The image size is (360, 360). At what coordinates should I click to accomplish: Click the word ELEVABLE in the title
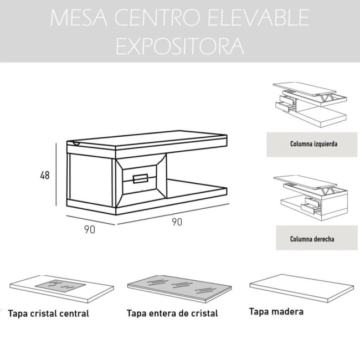(x=259, y=18)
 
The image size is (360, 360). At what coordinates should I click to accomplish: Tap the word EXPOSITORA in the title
(x=180, y=46)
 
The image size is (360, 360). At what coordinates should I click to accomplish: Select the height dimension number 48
(x=45, y=176)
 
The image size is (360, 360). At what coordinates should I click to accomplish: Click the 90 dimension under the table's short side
(x=90, y=229)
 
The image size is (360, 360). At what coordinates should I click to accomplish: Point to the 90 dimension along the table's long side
(x=177, y=222)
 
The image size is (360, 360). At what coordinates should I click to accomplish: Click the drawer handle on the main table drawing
(x=140, y=178)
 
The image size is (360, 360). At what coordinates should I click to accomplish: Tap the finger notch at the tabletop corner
(x=76, y=144)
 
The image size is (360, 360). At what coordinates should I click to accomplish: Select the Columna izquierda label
(x=313, y=144)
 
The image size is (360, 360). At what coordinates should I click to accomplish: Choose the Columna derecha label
(x=312, y=239)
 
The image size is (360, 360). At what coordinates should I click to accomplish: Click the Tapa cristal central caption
(x=48, y=313)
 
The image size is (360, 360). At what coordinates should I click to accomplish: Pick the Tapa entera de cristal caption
(x=172, y=313)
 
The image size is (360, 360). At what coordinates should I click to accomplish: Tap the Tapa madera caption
(x=276, y=312)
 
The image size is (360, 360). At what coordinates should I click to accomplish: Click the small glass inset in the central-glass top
(x=60, y=286)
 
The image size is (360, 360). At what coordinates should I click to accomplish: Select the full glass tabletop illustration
(x=179, y=289)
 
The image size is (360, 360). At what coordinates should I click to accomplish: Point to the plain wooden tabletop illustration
(x=302, y=288)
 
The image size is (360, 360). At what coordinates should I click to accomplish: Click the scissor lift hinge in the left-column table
(x=327, y=97)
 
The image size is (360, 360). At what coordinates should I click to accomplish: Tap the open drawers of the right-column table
(x=311, y=205)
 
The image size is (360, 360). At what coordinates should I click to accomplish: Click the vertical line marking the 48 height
(x=56, y=174)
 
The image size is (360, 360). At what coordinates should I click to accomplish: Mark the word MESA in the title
(x=79, y=18)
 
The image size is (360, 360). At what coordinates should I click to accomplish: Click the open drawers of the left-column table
(x=285, y=104)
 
